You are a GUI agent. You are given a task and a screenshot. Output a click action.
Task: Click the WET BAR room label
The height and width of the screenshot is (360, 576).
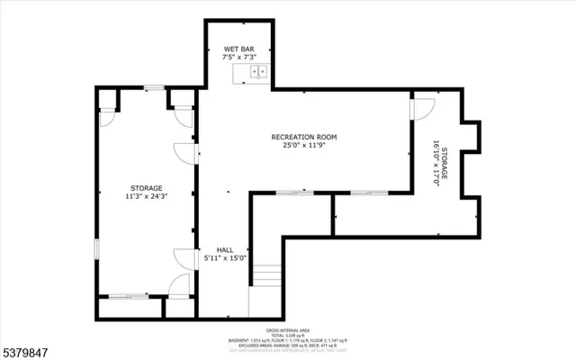tap(234, 49)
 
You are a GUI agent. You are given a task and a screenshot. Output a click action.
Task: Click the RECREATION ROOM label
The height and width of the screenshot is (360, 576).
tap(304, 137)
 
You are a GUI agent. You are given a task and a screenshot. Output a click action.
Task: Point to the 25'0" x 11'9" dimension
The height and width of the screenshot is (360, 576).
tap(304, 147)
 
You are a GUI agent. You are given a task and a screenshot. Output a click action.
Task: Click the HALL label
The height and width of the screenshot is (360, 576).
tap(224, 249)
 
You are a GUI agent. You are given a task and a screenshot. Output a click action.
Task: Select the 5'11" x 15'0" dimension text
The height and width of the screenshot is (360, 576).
tap(224, 259)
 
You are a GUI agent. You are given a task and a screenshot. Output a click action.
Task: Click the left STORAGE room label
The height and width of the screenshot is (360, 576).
tap(145, 187)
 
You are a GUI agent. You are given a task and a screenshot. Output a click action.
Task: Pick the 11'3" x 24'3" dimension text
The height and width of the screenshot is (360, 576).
tap(145, 196)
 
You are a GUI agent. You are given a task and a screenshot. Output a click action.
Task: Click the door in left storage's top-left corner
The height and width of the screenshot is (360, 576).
tap(107, 115)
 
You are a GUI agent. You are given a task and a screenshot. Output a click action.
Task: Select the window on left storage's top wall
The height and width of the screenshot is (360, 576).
tap(153, 88)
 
